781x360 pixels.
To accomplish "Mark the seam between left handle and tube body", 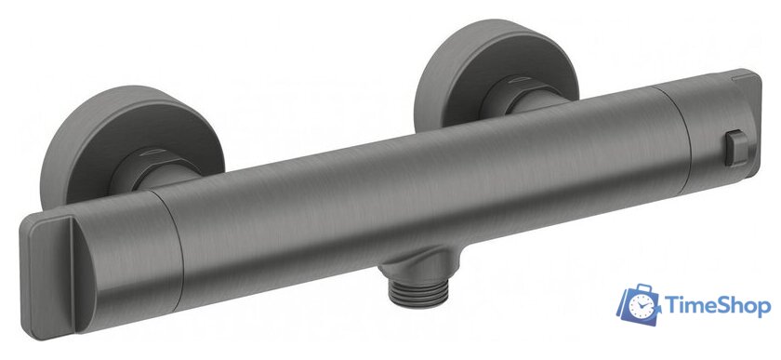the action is pos(172,249).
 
